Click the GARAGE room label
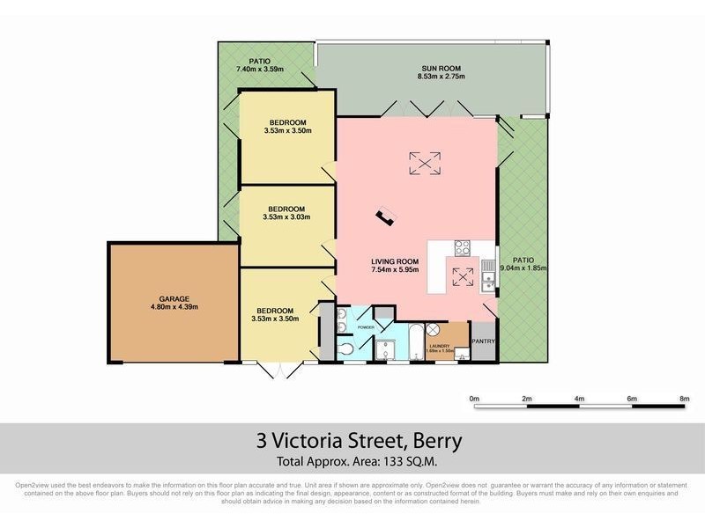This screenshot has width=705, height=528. click(174, 298)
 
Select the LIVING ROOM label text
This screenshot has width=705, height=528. click(393, 261)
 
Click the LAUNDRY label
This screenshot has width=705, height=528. click(440, 346)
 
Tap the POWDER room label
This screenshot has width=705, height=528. click(366, 327)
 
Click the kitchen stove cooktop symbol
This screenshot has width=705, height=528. click(463, 248)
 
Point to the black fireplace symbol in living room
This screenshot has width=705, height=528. click(384, 216)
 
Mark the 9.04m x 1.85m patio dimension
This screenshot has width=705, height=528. click(524, 268)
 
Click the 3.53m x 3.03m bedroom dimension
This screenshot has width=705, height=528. click(287, 216)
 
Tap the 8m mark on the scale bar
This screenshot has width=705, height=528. click(684, 399)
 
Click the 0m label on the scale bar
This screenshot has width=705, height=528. click(473, 399)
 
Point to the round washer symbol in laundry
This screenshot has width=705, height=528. click(434, 330)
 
